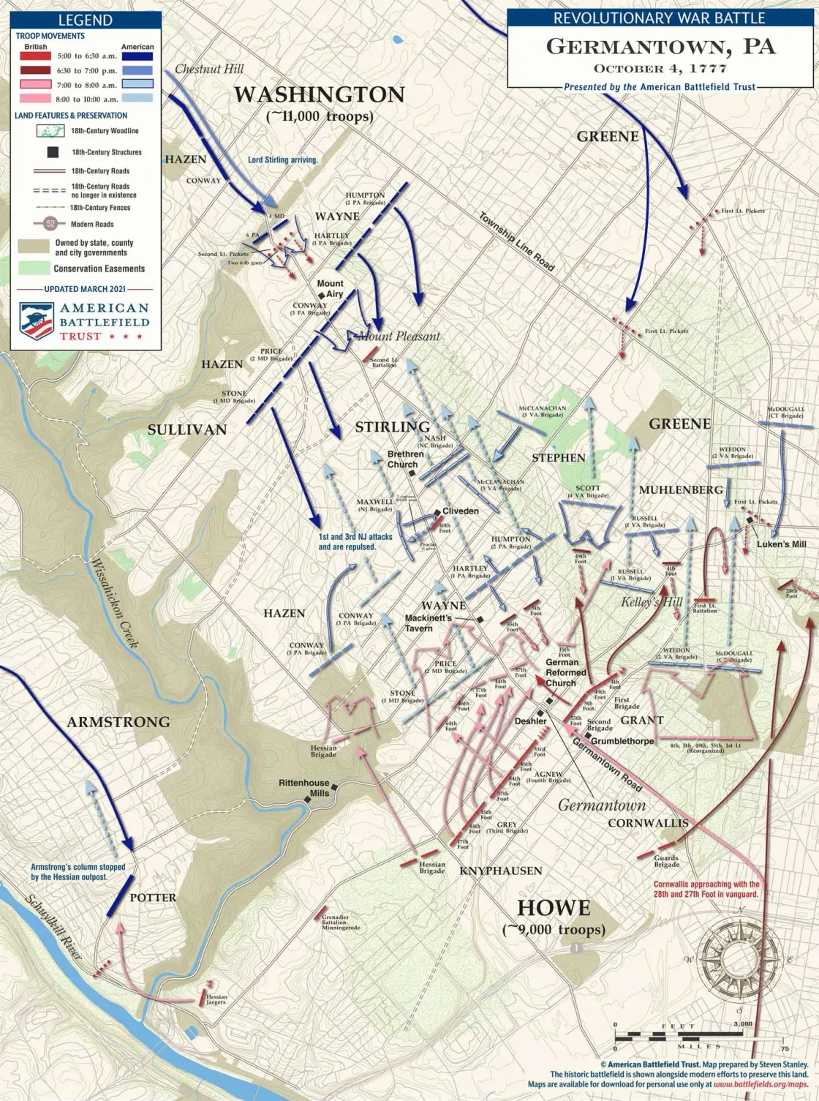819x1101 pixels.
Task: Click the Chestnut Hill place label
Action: coord(209,69)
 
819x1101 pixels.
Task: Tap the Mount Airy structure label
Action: coord(331,288)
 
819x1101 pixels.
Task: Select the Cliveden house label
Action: coord(461,511)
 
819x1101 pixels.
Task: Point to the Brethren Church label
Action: coord(405,459)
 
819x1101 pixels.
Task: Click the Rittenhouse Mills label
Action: coord(303,788)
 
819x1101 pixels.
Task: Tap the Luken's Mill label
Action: coord(781,544)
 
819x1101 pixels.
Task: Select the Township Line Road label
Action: coord(516,242)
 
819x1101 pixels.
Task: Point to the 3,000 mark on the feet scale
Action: coord(742,1024)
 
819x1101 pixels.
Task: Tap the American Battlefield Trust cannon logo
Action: coord(37,321)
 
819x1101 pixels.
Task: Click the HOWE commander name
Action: coord(554,908)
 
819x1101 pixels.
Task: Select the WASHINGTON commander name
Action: coord(319,95)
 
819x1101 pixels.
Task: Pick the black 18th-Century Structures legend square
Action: coord(53,152)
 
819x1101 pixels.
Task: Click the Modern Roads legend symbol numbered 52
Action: coord(50,224)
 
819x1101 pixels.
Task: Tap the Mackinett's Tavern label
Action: coord(429,623)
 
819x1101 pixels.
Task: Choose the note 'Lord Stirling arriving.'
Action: coord(282,159)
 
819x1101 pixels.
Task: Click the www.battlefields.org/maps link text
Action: coord(760,1084)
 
